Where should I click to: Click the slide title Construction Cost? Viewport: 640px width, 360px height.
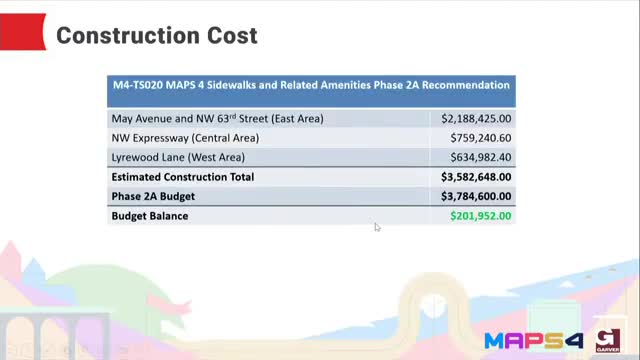tap(157, 36)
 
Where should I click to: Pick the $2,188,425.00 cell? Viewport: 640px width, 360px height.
tap(476, 118)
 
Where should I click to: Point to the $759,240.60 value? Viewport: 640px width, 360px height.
tap(480, 138)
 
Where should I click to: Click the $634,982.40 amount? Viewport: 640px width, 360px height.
tap(480, 157)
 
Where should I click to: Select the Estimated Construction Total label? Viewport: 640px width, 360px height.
tap(183, 177)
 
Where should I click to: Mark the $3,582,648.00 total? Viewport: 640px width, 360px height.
tap(476, 177)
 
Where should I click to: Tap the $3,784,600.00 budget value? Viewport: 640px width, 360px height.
tap(476, 196)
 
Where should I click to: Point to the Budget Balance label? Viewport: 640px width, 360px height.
tap(150, 215)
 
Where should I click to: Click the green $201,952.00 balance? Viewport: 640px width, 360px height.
tap(480, 215)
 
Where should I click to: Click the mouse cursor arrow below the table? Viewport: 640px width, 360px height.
tap(377, 227)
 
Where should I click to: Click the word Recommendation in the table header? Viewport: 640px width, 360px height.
tap(465, 86)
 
